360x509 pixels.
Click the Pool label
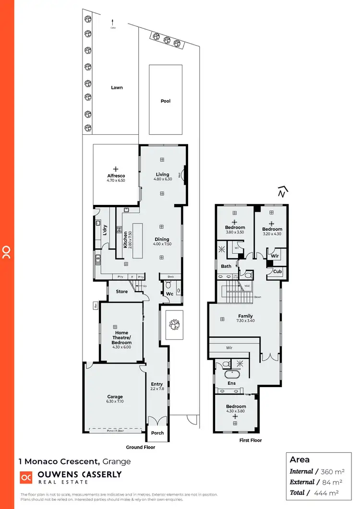coord(166,101)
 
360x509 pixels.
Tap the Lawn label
coord(117,88)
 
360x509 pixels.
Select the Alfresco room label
coord(116,176)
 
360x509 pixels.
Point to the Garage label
coord(115,397)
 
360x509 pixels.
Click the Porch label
coord(157,433)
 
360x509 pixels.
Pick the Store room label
coord(122,291)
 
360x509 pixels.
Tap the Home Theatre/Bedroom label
coord(121,338)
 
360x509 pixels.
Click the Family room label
coord(245,316)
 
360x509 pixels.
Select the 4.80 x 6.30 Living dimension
coord(162,179)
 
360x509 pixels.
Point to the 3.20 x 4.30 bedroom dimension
coord(272,234)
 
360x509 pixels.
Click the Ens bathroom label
coord(231,383)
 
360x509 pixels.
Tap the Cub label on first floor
coord(277,272)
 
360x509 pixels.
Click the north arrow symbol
coord(282,191)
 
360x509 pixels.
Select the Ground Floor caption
coord(141,447)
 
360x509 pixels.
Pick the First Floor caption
coord(250,440)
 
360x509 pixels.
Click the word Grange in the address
coord(117,462)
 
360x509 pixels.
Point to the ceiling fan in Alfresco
coord(116,169)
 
